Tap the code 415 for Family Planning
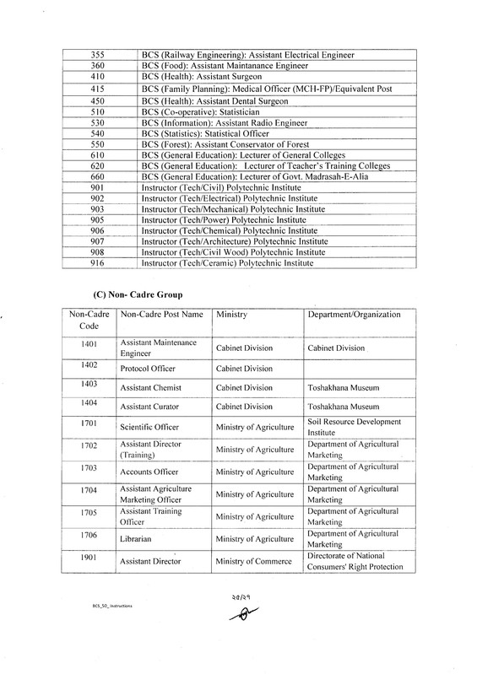click(96, 89)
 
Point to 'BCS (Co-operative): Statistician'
click(203, 112)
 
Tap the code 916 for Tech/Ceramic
click(96, 263)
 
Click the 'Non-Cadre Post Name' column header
click(162, 315)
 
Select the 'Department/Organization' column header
click(354, 315)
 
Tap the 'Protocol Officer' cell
click(150, 369)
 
